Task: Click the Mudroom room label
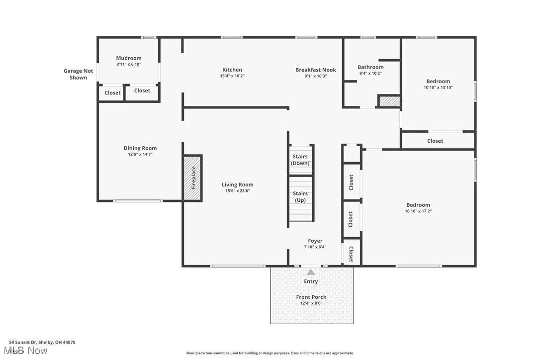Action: click(x=129, y=58)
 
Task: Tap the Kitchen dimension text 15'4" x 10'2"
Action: click(x=232, y=76)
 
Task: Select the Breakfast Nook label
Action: click(x=315, y=70)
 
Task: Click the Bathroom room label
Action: click(x=370, y=67)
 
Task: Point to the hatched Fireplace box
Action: click(x=193, y=178)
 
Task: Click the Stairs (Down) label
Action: click(x=300, y=160)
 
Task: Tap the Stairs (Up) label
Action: click(x=300, y=197)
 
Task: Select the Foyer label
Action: click(x=315, y=241)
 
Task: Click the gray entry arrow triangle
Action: click(x=311, y=272)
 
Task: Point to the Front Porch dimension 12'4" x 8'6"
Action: click(x=312, y=303)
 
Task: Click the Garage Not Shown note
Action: click(x=78, y=74)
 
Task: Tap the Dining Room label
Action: click(x=140, y=148)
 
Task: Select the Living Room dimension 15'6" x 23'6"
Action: click(x=238, y=190)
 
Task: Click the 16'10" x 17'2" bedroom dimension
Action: click(x=418, y=211)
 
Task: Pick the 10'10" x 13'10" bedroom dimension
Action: click(x=438, y=88)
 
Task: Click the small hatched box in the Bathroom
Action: click(x=389, y=101)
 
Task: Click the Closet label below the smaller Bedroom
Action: click(x=435, y=141)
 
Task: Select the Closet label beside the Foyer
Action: click(x=351, y=254)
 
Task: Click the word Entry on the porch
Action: click(x=311, y=281)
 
